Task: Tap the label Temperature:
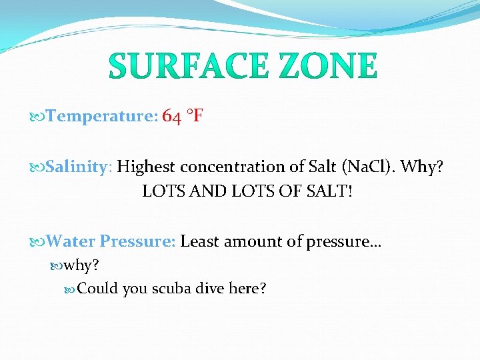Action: coord(103,117)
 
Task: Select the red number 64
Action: coord(171,117)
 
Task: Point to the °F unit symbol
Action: coord(195,117)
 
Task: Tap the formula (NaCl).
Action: coord(366,167)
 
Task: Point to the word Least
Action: coord(200,241)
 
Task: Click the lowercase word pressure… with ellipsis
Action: coord(344,242)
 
